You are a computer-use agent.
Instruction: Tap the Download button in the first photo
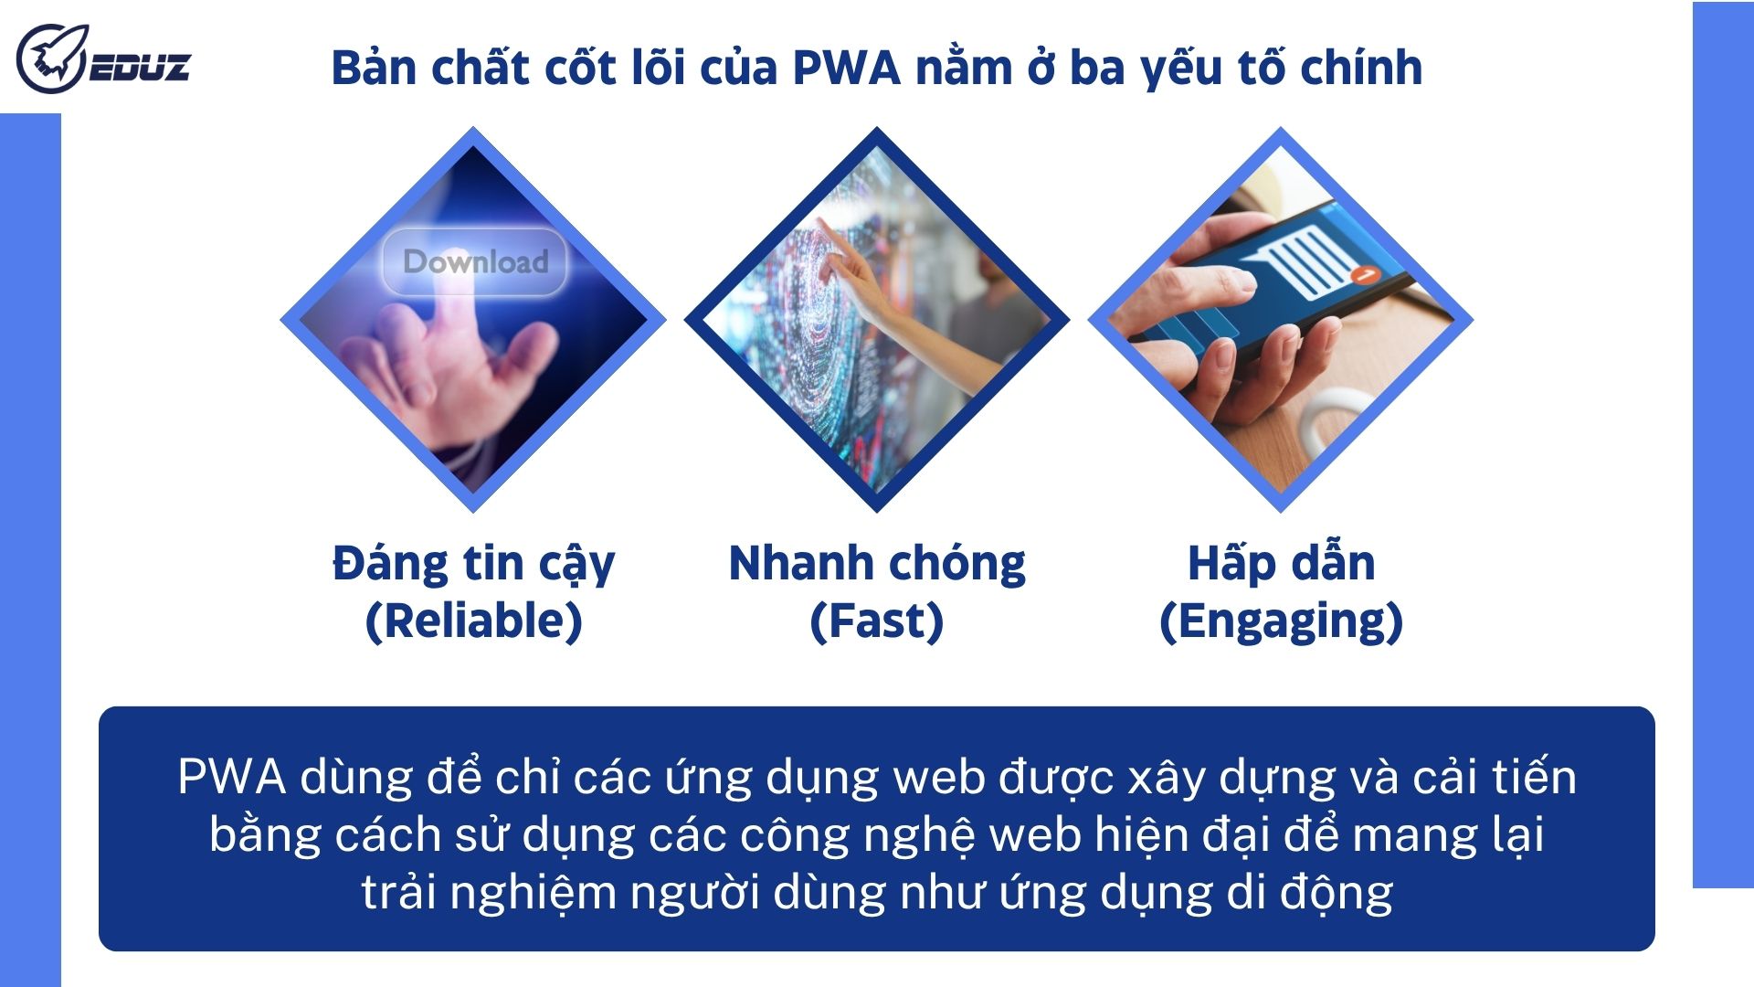pyautogui.click(x=475, y=262)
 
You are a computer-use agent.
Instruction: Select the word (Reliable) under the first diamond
pyautogui.click(x=473, y=621)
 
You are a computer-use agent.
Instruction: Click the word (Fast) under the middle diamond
pyautogui.click(x=876, y=621)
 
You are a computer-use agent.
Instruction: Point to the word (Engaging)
pyautogui.click(x=1281, y=621)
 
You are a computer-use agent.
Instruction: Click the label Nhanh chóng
pyautogui.click(x=876, y=563)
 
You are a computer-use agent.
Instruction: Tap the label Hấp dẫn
pyautogui.click(x=1281, y=563)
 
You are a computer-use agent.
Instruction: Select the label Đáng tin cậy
pyautogui.click(x=473, y=565)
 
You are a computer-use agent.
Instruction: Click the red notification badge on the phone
pyautogui.click(x=1366, y=273)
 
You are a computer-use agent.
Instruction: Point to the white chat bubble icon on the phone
pyautogui.click(x=1305, y=259)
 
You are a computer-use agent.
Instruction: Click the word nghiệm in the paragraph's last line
pyautogui.click(x=533, y=893)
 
